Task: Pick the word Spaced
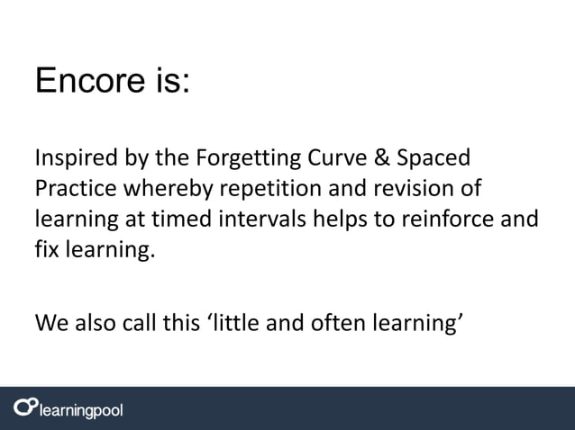click(434, 161)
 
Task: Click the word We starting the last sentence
click(50, 321)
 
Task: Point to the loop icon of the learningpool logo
click(24, 408)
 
